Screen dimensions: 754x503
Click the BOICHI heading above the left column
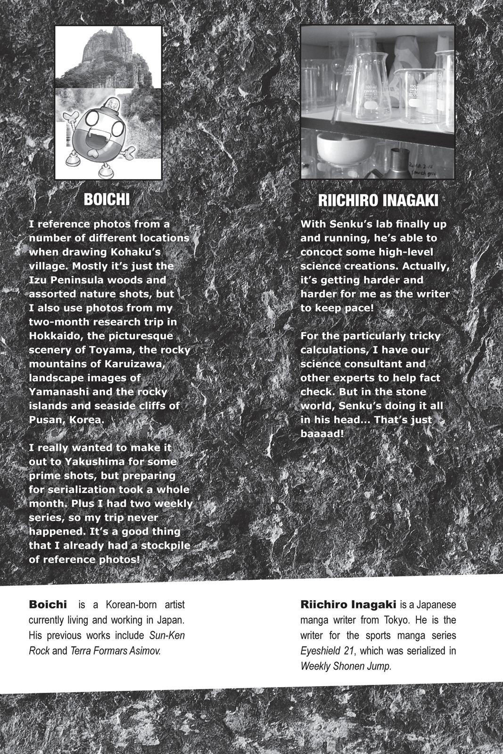107,199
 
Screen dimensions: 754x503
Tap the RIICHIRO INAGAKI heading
378,200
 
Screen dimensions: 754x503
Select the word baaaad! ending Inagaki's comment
322,434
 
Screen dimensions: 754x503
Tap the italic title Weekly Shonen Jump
346,666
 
